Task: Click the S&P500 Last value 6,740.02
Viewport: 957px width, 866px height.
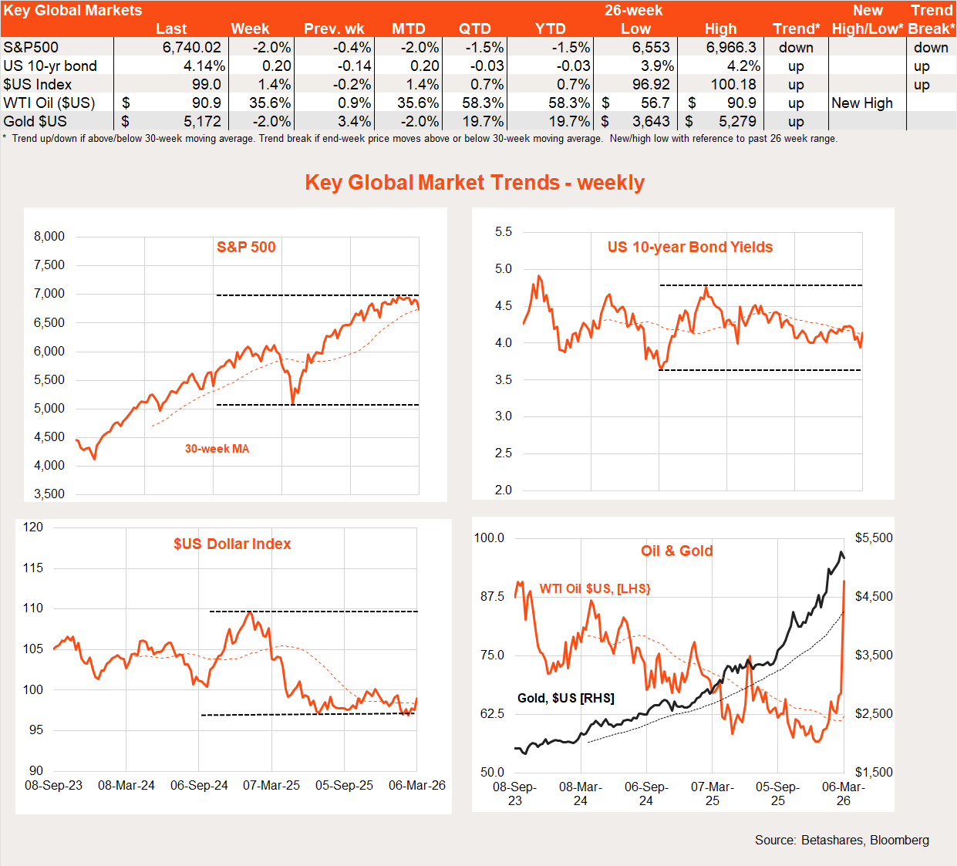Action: click(191, 47)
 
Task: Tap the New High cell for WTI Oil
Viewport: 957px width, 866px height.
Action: click(861, 103)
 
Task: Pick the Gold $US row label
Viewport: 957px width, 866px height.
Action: click(35, 121)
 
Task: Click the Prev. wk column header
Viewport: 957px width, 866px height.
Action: click(334, 29)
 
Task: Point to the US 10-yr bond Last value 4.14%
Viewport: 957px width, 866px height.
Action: click(204, 66)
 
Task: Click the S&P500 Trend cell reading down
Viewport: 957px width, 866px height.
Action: click(796, 47)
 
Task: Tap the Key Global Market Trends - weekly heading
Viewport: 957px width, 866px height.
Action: click(474, 182)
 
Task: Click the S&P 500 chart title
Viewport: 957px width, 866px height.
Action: click(246, 247)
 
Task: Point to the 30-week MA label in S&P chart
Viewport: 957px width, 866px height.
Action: click(217, 449)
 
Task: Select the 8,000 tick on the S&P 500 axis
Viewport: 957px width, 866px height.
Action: click(49, 236)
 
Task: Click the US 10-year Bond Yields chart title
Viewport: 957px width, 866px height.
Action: click(689, 247)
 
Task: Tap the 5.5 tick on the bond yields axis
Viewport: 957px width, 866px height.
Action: click(503, 231)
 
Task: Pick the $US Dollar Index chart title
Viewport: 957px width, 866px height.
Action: click(232, 544)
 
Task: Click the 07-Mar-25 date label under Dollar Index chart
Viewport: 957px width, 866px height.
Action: click(271, 785)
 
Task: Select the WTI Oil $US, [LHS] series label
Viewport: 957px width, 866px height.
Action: click(595, 588)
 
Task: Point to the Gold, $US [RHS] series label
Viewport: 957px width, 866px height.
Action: click(565, 698)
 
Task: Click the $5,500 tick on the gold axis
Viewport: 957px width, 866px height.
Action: click(874, 537)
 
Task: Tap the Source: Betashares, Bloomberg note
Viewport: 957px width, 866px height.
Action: click(841, 840)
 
